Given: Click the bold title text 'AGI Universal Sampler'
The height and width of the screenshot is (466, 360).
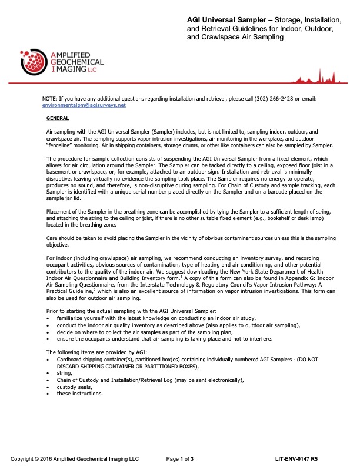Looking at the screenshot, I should coord(222,21).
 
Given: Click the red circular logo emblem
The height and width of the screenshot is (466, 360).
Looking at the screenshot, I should coord(34,59).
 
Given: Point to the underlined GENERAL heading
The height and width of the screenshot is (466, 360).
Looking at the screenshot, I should coord(57,118).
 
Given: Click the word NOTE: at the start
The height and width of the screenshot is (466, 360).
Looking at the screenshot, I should coord(50,99).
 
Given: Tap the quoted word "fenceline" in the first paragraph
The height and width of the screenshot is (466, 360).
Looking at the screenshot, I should coord(61,145).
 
